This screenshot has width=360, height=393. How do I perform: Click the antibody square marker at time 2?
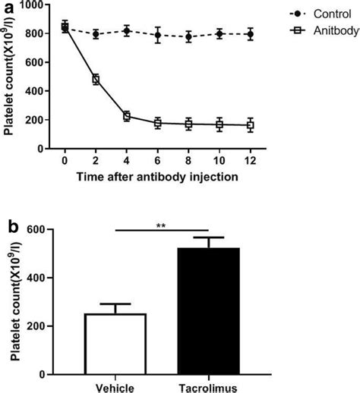click(96, 79)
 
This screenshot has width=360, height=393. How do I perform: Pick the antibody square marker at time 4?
click(127, 116)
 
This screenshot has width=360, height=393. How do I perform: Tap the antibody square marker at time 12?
click(251, 125)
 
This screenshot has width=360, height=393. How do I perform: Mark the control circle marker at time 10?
click(219, 33)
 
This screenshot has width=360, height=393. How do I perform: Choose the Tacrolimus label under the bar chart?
click(207, 386)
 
